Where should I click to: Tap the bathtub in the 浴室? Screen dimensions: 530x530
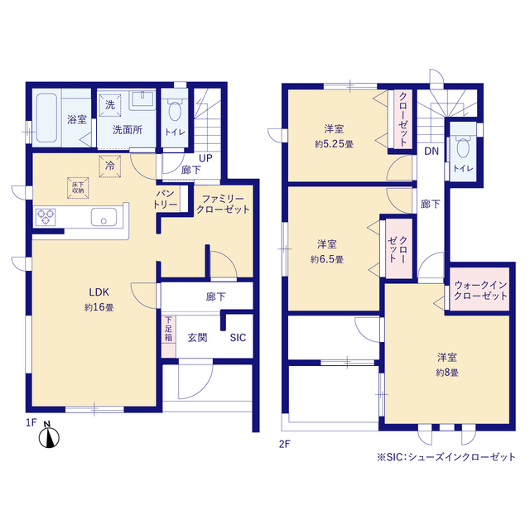46,118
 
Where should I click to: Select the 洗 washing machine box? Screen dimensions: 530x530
110,105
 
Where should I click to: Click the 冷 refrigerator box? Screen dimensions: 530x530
110,166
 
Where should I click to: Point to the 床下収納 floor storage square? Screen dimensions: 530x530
78,188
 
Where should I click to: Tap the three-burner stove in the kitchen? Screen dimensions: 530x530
46,217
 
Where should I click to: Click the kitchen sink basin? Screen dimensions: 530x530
104,217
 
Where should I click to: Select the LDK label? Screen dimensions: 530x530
99,292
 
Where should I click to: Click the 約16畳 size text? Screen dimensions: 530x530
99,307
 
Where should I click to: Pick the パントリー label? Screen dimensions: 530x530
166,199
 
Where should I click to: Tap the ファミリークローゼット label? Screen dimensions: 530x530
223,205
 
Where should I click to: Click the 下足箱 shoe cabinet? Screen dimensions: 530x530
168,335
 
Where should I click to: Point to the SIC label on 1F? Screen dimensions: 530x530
238,338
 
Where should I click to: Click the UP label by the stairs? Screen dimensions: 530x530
205,158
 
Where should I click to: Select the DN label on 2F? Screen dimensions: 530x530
431,151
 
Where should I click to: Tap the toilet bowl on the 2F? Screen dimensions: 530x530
463,147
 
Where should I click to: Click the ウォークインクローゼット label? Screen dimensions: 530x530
480,291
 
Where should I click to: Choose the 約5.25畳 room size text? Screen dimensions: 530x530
334,144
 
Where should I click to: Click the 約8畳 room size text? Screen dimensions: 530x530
447,373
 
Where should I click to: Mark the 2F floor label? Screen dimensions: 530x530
285,444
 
